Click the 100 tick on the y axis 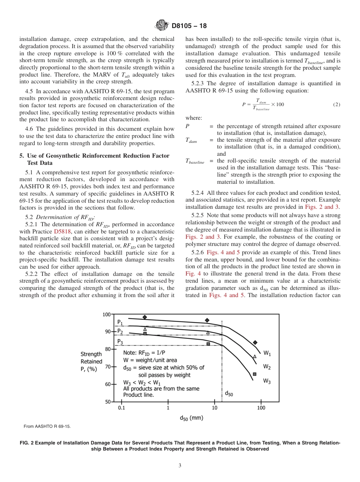coord(108,315)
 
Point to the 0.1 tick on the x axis coord(121,408)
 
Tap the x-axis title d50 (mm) coord(191,418)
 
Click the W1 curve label coord(267,353)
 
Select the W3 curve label coord(267,381)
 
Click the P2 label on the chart coord(120,331)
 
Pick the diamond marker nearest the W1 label coord(255,343)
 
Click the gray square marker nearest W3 coord(255,374)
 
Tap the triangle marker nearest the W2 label coord(255,356)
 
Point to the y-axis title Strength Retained coord(91,361)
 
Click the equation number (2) coord(337,105)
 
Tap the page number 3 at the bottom coord(180,465)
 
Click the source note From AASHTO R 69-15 coord(47,426)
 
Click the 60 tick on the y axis coord(108,384)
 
